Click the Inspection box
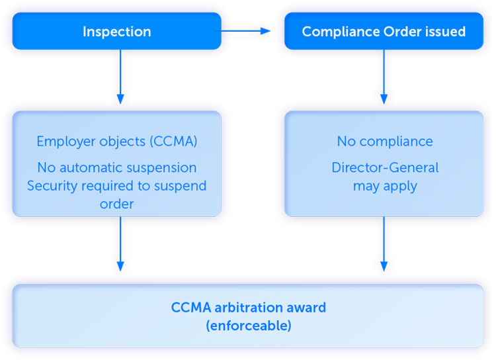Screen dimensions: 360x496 pyautogui.click(x=116, y=31)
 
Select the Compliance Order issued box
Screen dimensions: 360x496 pyautogui.click(x=384, y=31)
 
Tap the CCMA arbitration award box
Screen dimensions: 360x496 pyautogui.click(x=248, y=316)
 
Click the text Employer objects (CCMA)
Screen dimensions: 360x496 pyautogui.click(x=116, y=141)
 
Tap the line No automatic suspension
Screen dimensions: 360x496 pyautogui.click(x=116, y=167)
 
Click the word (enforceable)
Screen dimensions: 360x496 pyautogui.click(x=248, y=326)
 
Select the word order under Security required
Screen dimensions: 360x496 pyautogui.click(x=116, y=204)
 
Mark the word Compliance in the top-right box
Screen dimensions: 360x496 pyautogui.click(x=340, y=31)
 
